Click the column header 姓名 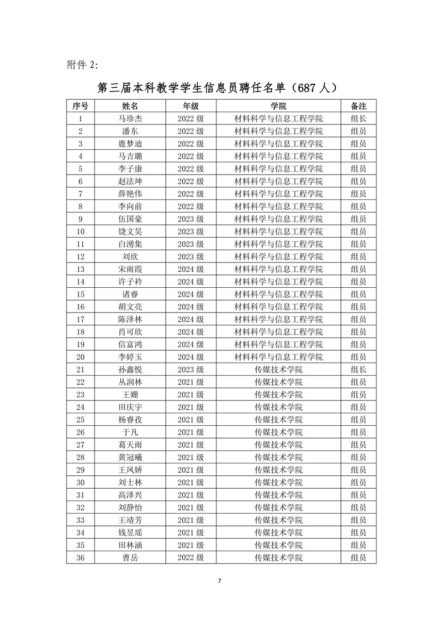[130, 106]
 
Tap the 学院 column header [278, 106]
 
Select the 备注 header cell [358, 106]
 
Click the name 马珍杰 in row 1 [130, 119]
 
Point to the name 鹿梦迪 [130, 144]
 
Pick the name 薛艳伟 [130, 194]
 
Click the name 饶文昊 [130, 231]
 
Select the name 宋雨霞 [130, 269]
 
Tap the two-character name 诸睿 [130, 294]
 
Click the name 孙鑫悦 [130, 369]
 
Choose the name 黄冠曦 [130, 457]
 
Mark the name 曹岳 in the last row [130, 557]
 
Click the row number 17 [80, 319]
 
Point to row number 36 [80, 557]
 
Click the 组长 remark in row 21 [358, 369]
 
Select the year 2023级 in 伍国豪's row [191, 219]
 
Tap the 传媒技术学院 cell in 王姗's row [278, 395]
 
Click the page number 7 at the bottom [219, 581]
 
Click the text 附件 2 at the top [82, 65]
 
